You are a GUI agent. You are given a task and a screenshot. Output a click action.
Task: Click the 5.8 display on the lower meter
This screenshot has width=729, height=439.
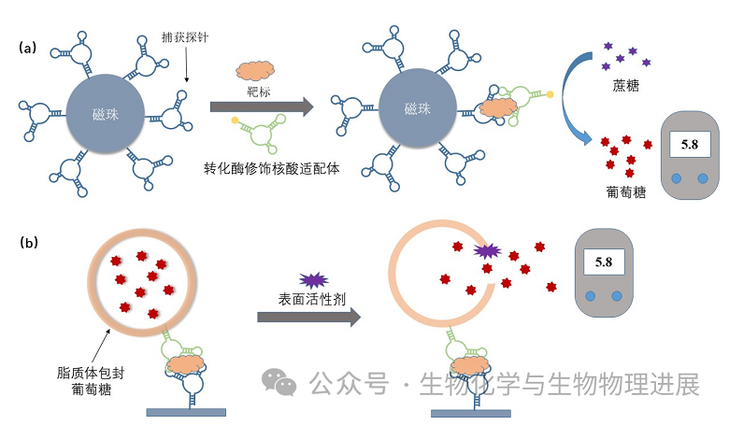(603, 262)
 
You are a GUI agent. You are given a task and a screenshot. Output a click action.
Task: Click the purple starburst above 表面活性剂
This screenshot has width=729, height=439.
(309, 279)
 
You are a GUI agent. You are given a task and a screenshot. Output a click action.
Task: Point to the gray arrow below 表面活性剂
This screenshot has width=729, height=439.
(309, 317)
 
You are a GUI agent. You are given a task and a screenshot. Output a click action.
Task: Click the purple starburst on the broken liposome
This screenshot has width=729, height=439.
(487, 251)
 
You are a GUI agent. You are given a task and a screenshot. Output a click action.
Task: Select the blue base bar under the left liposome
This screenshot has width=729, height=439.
(186, 411)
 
